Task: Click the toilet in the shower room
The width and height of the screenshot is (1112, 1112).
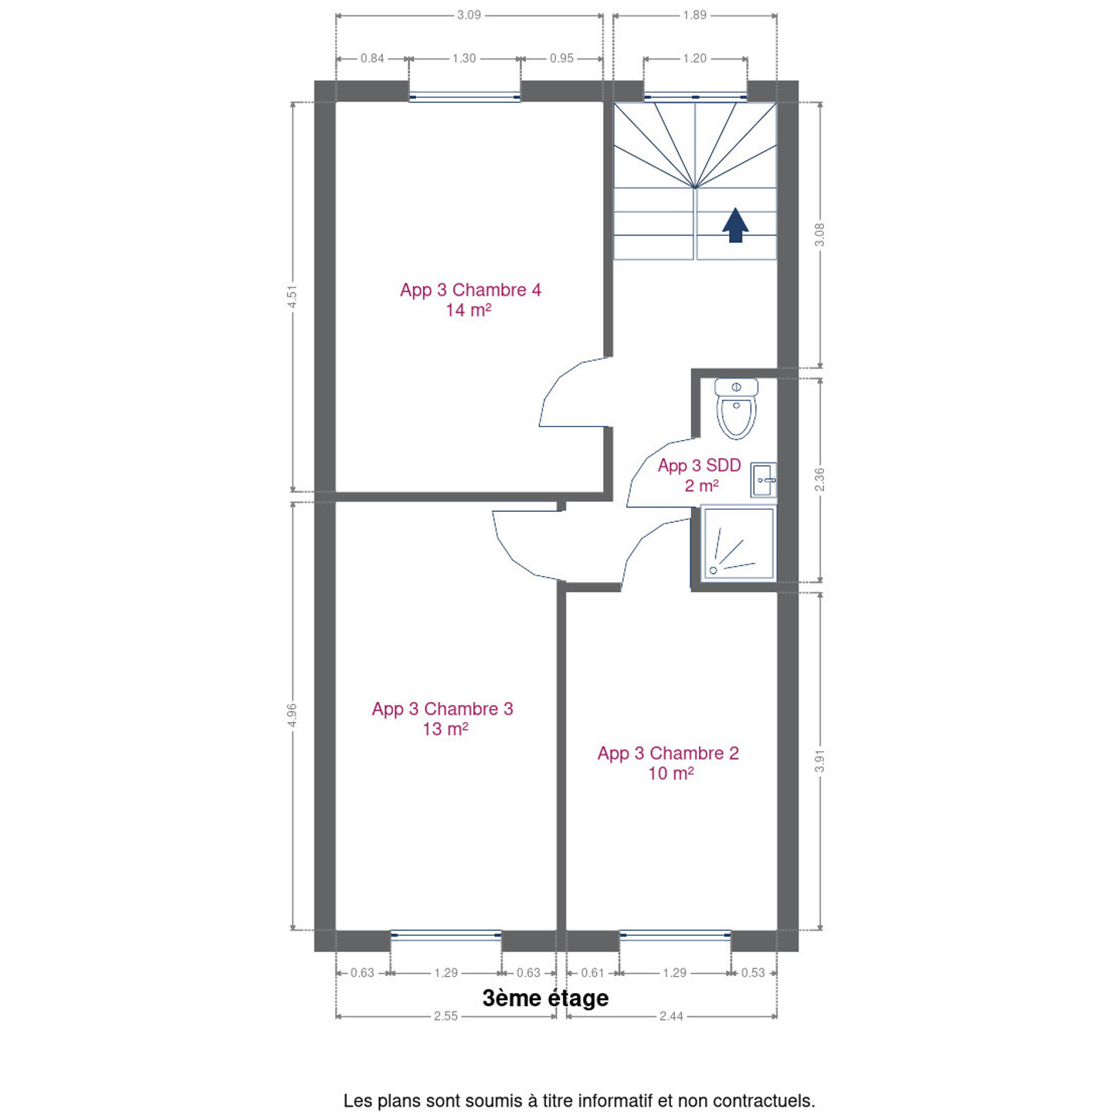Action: [x=736, y=409]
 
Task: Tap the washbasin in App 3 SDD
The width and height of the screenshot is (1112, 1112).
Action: [x=763, y=480]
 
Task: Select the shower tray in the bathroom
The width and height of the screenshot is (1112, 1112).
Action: [x=738, y=544]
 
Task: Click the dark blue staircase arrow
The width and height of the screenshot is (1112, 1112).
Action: [x=735, y=225]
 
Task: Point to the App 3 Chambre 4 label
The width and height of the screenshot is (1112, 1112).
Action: [x=470, y=300]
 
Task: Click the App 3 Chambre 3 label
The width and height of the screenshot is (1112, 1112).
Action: [x=442, y=718]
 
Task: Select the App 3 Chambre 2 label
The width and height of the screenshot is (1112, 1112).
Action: [x=668, y=763]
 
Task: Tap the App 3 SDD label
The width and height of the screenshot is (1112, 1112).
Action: [x=700, y=476]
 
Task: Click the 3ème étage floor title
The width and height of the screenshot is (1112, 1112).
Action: [x=545, y=998]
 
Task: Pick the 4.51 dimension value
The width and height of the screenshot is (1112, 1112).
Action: [x=293, y=296]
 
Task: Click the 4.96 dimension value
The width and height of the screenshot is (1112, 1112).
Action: [x=293, y=715]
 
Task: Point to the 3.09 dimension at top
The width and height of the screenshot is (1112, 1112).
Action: [x=470, y=15]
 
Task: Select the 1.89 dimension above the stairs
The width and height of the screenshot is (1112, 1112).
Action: [x=695, y=15]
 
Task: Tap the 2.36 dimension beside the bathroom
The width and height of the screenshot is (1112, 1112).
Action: [x=819, y=480]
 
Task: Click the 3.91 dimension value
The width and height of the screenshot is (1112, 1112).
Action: [x=819, y=761]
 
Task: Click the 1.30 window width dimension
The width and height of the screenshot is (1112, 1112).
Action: [x=465, y=58]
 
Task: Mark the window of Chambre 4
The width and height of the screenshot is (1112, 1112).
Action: [x=465, y=97]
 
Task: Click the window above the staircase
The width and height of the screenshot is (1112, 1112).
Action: [x=695, y=97]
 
